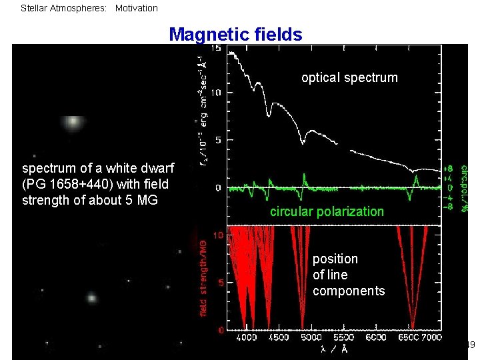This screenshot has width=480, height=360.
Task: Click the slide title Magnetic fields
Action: tap(235, 34)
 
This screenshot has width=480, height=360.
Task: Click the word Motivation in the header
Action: tap(137, 9)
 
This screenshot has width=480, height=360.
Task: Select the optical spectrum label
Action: tap(349, 77)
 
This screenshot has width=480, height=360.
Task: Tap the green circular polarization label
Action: tap(327, 211)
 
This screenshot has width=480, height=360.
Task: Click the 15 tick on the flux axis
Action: tap(217, 49)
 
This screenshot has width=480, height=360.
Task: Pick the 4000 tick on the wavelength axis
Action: tap(247, 337)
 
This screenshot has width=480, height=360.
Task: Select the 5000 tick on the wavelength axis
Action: tap(311, 337)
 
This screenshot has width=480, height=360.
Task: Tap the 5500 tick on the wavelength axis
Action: tap(343, 337)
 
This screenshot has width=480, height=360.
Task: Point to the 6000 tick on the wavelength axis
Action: tap(376, 337)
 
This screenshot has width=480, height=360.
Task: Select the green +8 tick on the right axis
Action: tap(451, 169)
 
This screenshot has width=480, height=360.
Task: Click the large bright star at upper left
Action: tap(73, 122)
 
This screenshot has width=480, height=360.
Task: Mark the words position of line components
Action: tap(349, 275)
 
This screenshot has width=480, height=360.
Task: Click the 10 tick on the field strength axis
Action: tap(217, 235)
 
